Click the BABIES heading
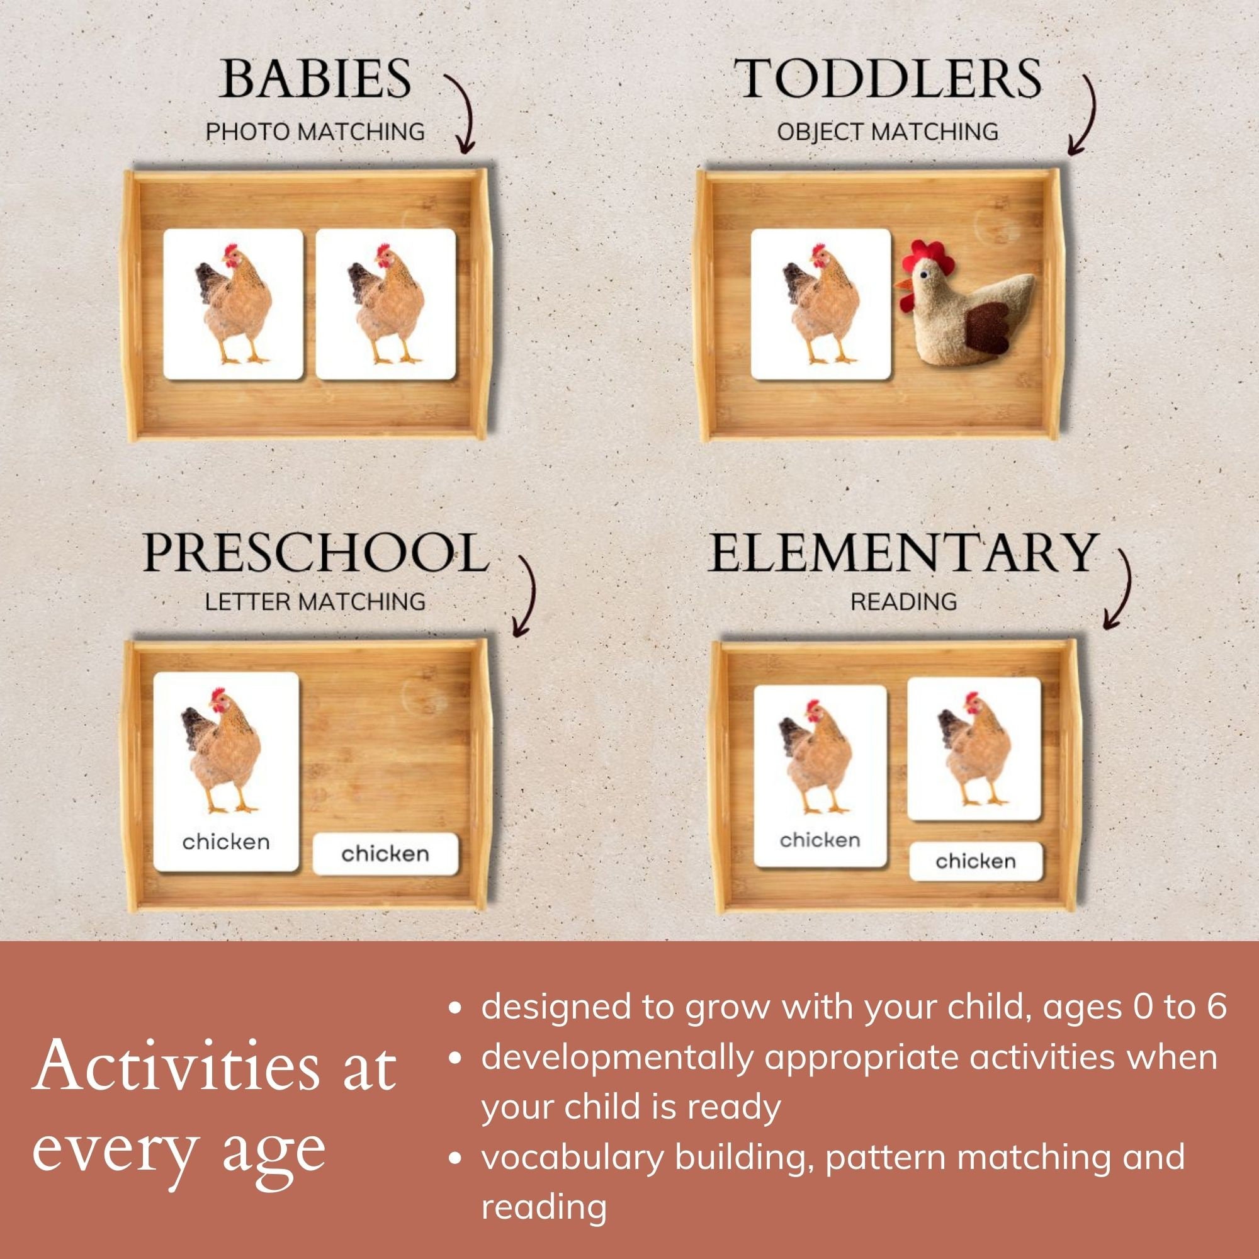tap(315, 78)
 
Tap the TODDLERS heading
tap(887, 78)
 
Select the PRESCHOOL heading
tap(315, 553)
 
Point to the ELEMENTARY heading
tap(903, 553)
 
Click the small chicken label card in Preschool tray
tap(385, 854)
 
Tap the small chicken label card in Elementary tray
tap(976, 862)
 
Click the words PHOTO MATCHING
tap(315, 132)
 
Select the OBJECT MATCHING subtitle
tap(887, 132)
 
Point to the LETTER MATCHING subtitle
tap(315, 601)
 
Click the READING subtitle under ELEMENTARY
tap(903, 601)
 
